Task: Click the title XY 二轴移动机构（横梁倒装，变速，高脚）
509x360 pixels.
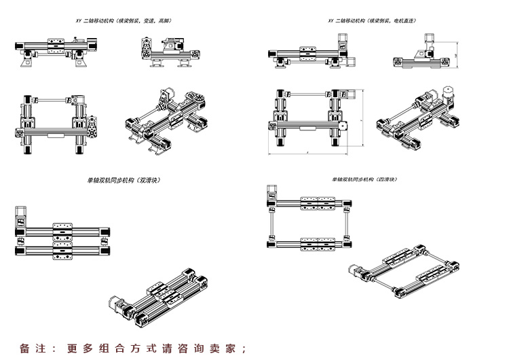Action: tap(122, 22)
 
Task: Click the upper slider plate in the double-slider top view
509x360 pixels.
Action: tap(62, 229)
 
